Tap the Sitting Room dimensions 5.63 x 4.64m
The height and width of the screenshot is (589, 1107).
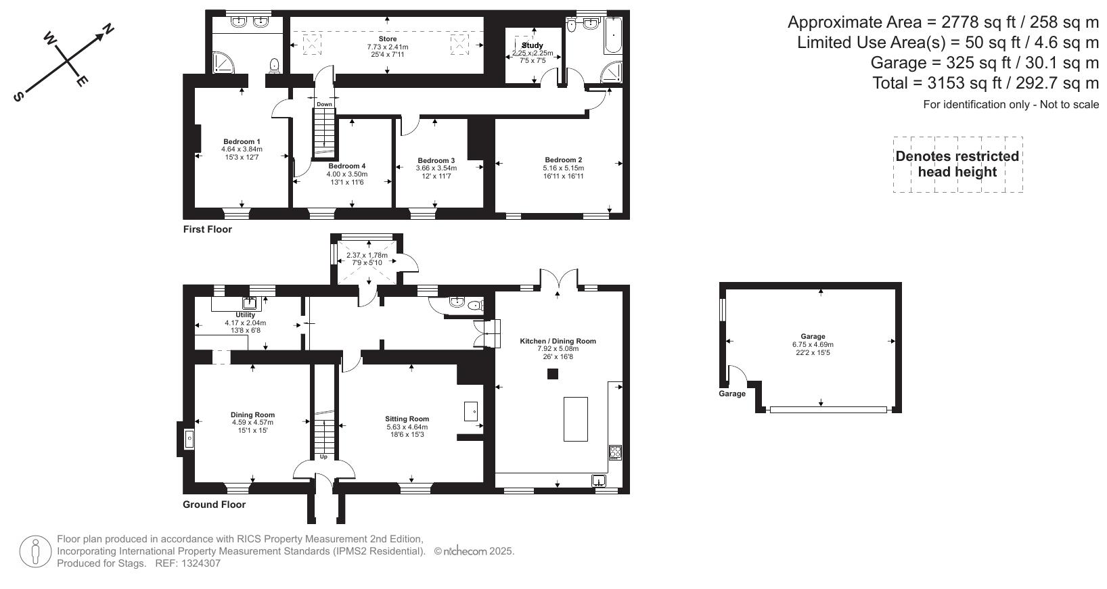(x=407, y=427)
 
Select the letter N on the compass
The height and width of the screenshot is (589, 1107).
(x=107, y=29)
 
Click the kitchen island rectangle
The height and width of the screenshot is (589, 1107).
(x=576, y=419)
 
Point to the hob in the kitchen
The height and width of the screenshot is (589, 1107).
(x=615, y=452)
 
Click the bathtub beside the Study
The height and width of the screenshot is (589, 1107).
(x=611, y=37)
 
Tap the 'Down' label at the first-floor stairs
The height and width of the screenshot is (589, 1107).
(x=324, y=104)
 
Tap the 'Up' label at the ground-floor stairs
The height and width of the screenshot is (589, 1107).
(x=323, y=457)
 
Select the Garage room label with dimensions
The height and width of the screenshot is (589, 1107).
(x=813, y=336)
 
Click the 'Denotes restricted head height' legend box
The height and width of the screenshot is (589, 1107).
(x=957, y=164)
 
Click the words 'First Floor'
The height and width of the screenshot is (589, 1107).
(x=207, y=229)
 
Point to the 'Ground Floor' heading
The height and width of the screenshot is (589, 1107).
(x=214, y=504)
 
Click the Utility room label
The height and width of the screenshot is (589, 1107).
(x=245, y=315)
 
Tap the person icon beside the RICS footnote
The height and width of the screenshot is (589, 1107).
(x=36, y=552)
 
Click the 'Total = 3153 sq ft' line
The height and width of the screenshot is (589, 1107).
(x=985, y=83)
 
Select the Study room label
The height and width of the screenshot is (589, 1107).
(x=533, y=45)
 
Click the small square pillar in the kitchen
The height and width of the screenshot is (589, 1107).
(x=553, y=373)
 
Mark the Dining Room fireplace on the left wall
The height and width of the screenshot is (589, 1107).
(x=188, y=439)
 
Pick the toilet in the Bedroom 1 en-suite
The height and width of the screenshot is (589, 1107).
(x=275, y=66)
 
